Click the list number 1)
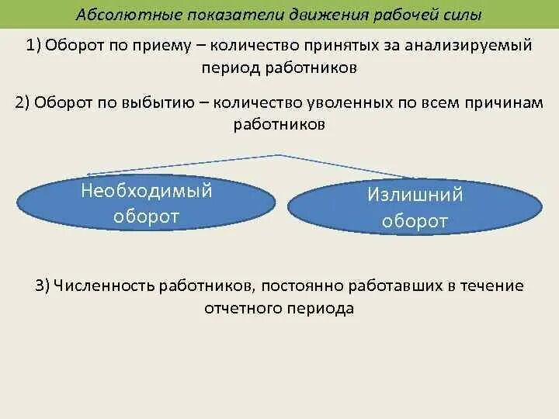coord(33,45)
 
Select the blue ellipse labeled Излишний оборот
coord(415,208)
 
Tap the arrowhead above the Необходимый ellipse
coord(89,175)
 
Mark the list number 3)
coord(43,286)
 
